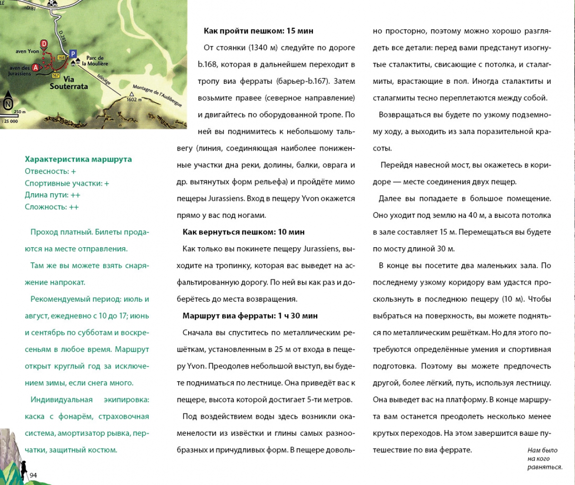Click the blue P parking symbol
(73, 54)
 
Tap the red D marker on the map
(44, 44)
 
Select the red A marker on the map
(36, 67)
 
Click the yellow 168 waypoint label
(61, 57)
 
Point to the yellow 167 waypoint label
(55, 75)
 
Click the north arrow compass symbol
(8, 104)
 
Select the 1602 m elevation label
(134, 99)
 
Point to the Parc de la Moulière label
(95, 61)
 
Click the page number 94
(33, 475)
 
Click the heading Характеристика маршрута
(78, 159)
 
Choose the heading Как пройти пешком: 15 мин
(258, 31)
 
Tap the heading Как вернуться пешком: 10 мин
(244, 232)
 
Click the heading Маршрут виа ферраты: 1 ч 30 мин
(250, 316)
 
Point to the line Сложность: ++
(52, 207)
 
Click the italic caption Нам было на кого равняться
(544, 458)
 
